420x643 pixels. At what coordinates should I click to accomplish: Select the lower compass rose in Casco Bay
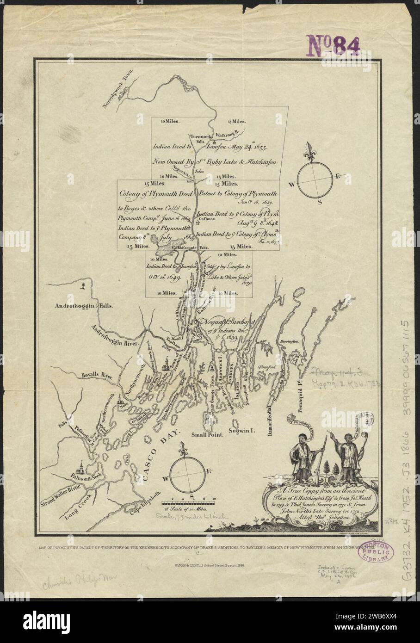(187, 471)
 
